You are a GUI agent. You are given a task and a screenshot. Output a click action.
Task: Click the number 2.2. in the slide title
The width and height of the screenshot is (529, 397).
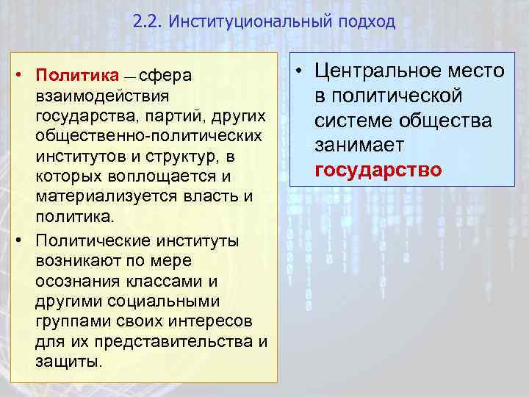tap(149, 21)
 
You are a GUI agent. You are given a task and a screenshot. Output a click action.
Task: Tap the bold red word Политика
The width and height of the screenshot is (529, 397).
tap(73, 75)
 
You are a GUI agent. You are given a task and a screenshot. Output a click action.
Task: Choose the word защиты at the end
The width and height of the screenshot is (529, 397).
tap(67, 362)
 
